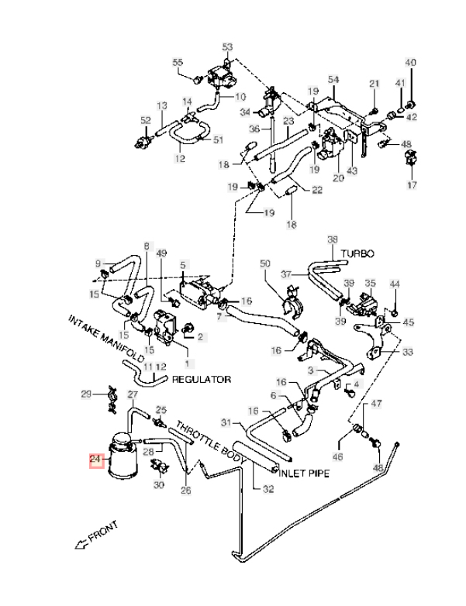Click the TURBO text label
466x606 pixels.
click(357, 253)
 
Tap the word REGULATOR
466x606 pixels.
click(202, 380)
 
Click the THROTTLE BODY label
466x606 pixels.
click(211, 442)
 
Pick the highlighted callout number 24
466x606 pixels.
click(96, 460)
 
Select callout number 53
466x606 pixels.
click(227, 47)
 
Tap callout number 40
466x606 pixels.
click(411, 63)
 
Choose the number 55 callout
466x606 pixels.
click(178, 63)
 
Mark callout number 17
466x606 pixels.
click(411, 185)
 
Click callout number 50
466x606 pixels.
click(266, 264)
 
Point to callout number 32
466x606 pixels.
click(268, 488)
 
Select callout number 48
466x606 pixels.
click(378, 469)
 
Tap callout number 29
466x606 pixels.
click(87, 395)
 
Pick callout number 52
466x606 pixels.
click(145, 120)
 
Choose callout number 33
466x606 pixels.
click(408, 352)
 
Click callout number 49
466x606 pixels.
click(161, 253)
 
